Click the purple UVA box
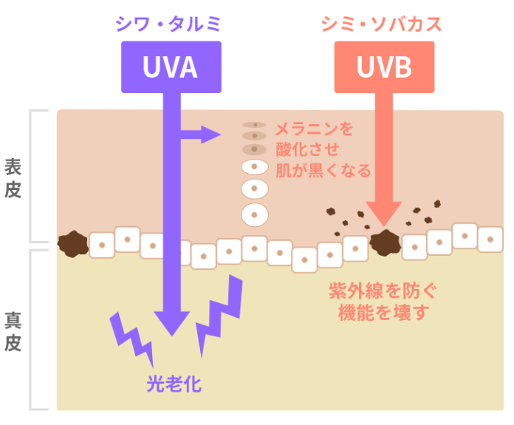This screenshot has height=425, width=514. (x=171, y=68)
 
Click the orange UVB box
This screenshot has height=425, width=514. (x=385, y=68)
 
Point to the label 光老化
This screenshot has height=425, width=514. (x=174, y=384)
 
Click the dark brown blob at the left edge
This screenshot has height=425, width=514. (x=72, y=242)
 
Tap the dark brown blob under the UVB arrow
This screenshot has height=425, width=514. (x=384, y=241)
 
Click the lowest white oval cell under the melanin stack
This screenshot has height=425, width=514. (x=255, y=215)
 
